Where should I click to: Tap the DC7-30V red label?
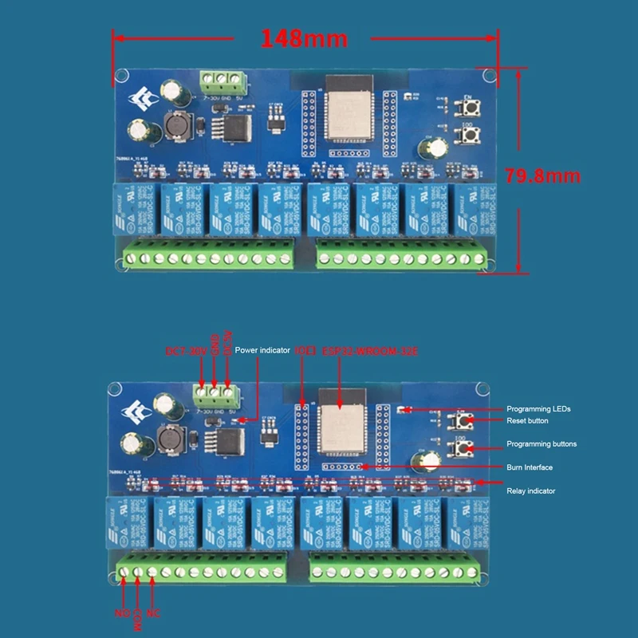(x=186, y=351)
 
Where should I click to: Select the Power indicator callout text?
(x=262, y=350)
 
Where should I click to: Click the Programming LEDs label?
(x=538, y=409)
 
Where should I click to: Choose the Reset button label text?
(x=528, y=420)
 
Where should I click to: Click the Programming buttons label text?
(x=542, y=443)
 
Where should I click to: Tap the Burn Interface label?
(x=530, y=467)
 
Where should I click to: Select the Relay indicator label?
(x=531, y=490)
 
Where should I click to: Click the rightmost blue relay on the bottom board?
(x=468, y=522)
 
